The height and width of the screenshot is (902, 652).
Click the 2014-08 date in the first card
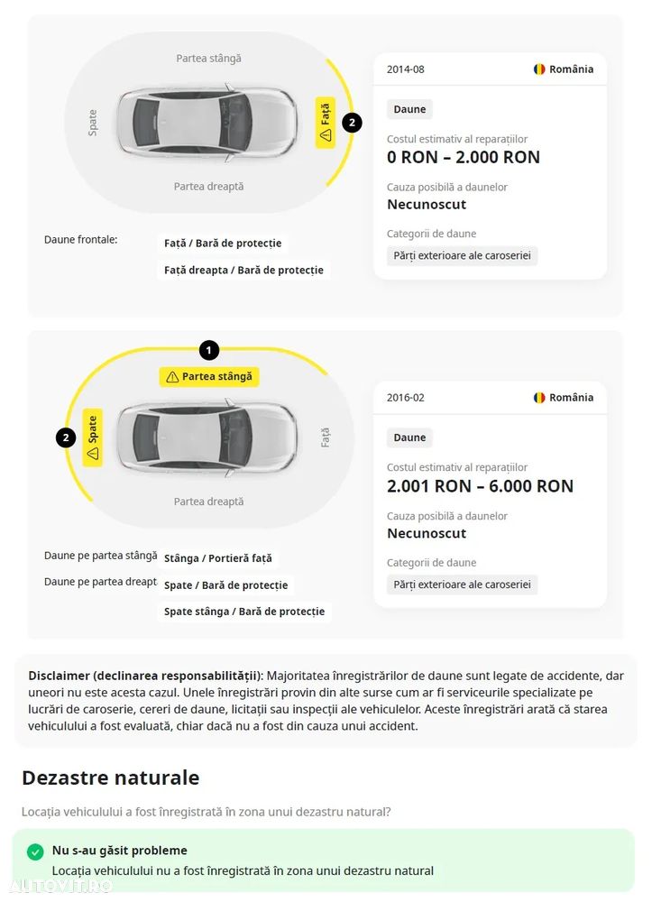(x=405, y=69)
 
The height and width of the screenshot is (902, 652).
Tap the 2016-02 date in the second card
(x=405, y=398)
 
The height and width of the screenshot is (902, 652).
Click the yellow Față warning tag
(x=326, y=123)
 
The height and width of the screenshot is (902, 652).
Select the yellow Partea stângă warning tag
(x=209, y=377)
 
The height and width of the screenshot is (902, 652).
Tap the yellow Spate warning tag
(x=92, y=437)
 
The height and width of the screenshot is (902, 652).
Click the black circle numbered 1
(x=209, y=350)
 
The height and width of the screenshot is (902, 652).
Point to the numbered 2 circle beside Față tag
(x=352, y=123)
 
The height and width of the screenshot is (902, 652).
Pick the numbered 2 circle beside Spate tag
(x=65, y=438)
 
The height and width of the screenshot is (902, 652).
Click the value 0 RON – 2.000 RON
(x=464, y=158)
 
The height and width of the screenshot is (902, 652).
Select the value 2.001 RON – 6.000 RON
(x=480, y=486)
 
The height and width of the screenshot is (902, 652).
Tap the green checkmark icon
(x=35, y=851)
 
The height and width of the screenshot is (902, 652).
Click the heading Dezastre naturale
(x=110, y=778)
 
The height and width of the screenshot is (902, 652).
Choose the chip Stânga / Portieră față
(x=217, y=559)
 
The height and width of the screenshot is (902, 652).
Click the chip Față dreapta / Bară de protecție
(x=243, y=270)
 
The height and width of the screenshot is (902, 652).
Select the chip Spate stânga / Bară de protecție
(x=243, y=612)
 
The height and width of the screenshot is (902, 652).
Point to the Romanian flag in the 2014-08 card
(x=539, y=69)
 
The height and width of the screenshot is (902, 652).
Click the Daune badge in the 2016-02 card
(x=409, y=437)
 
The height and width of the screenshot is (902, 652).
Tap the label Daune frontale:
(x=81, y=240)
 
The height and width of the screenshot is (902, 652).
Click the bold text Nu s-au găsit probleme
(x=120, y=851)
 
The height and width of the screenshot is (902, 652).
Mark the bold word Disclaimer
(x=58, y=676)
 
